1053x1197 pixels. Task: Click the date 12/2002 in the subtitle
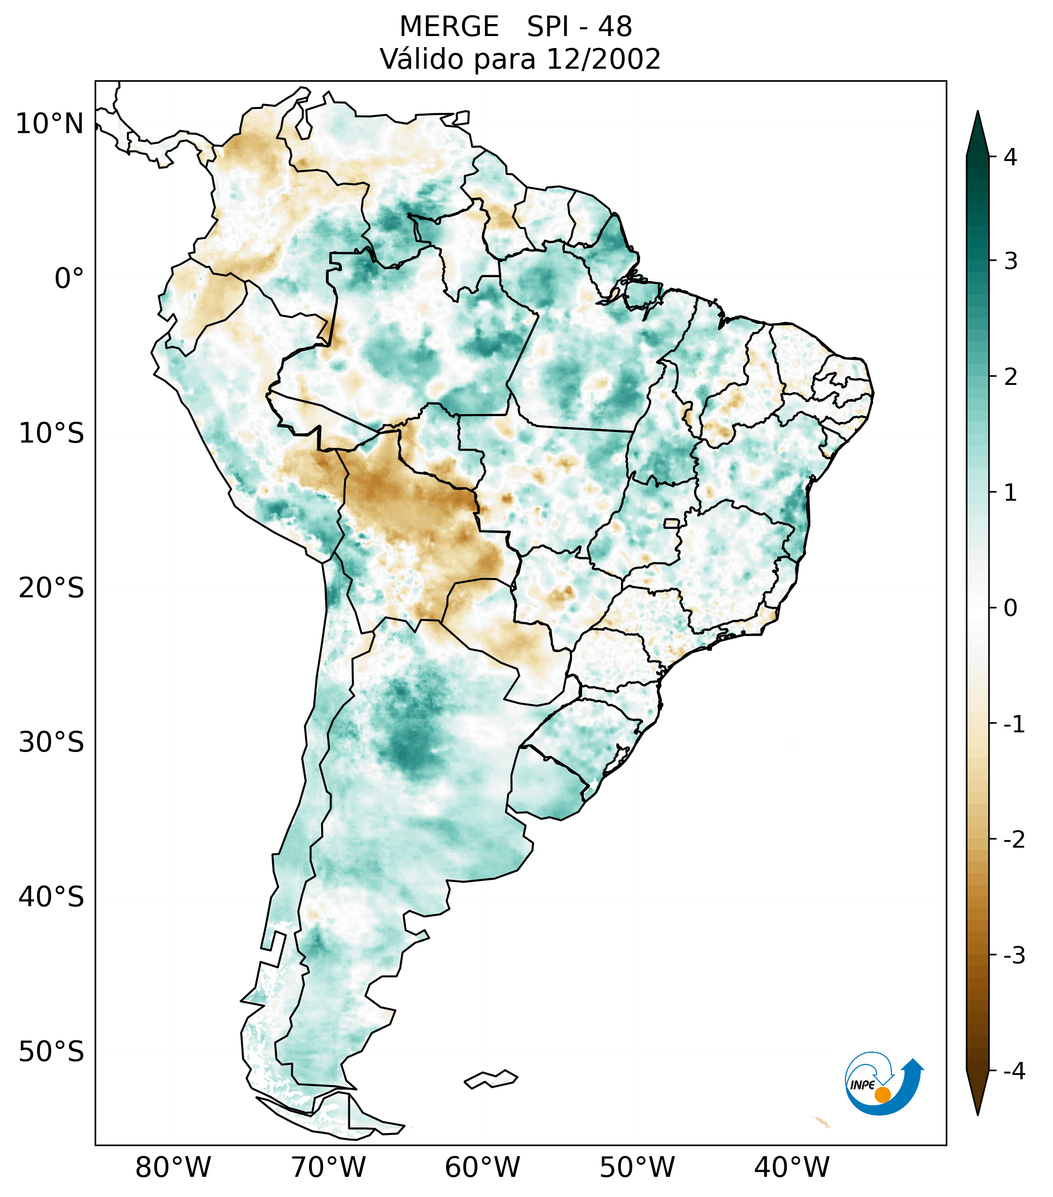click(x=603, y=59)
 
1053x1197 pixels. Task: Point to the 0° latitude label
click(x=69, y=279)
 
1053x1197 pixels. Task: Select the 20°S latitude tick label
click(x=51, y=588)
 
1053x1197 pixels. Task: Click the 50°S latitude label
click(x=51, y=1052)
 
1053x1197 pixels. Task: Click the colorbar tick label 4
click(x=1010, y=157)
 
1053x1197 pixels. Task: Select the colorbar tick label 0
click(x=1010, y=608)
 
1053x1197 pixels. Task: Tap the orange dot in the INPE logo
click(x=882, y=1095)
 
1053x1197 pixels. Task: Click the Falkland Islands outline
click(x=491, y=1079)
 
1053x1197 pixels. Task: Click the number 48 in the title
click(x=615, y=27)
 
